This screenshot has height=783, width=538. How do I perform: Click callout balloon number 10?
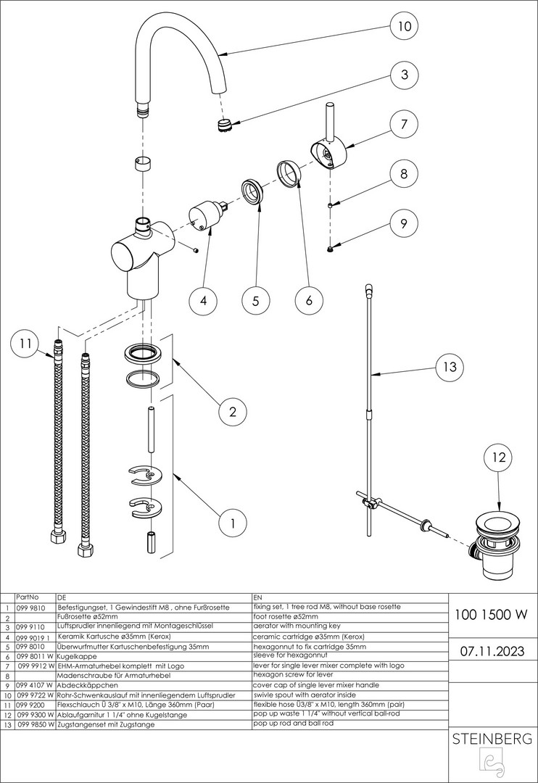pyautogui.click(x=405, y=28)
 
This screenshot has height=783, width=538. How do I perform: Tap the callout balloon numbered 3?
pyautogui.click(x=405, y=74)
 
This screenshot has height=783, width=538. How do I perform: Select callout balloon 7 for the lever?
pyautogui.click(x=405, y=124)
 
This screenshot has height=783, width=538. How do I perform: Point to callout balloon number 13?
pyautogui.click(x=450, y=368)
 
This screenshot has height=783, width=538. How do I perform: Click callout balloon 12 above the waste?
pyautogui.click(x=498, y=458)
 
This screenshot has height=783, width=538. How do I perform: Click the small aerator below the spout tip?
pyautogui.click(x=226, y=125)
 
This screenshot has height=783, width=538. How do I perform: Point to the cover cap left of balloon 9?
pyautogui.click(x=330, y=249)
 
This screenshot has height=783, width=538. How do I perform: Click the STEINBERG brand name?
pyautogui.click(x=492, y=739)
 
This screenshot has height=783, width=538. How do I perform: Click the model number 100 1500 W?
pyautogui.click(x=492, y=615)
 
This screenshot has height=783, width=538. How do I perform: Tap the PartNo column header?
pyautogui.click(x=26, y=597)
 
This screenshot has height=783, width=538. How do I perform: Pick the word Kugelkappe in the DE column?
pyautogui.click(x=76, y=655)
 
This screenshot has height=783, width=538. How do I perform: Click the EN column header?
pyautogui.click(x=259, y=597)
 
